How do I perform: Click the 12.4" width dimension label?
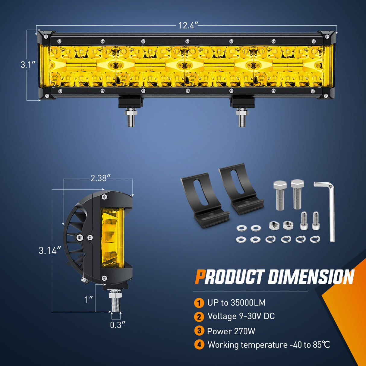188,25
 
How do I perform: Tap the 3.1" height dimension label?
28,64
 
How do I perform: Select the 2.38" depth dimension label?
99,178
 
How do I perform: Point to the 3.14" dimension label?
50,251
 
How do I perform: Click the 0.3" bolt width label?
117,325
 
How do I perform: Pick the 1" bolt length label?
89,300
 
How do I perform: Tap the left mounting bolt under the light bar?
131,118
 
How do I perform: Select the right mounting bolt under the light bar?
242,118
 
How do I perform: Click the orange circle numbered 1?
199,303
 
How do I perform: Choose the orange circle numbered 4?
199,344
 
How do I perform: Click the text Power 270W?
231,331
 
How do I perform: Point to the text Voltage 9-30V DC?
241,316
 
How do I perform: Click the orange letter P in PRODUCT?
200,277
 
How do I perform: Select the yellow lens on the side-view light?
112,238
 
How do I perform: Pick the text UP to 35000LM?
236,303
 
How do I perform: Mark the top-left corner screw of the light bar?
46,36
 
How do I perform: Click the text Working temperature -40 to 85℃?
269,345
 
